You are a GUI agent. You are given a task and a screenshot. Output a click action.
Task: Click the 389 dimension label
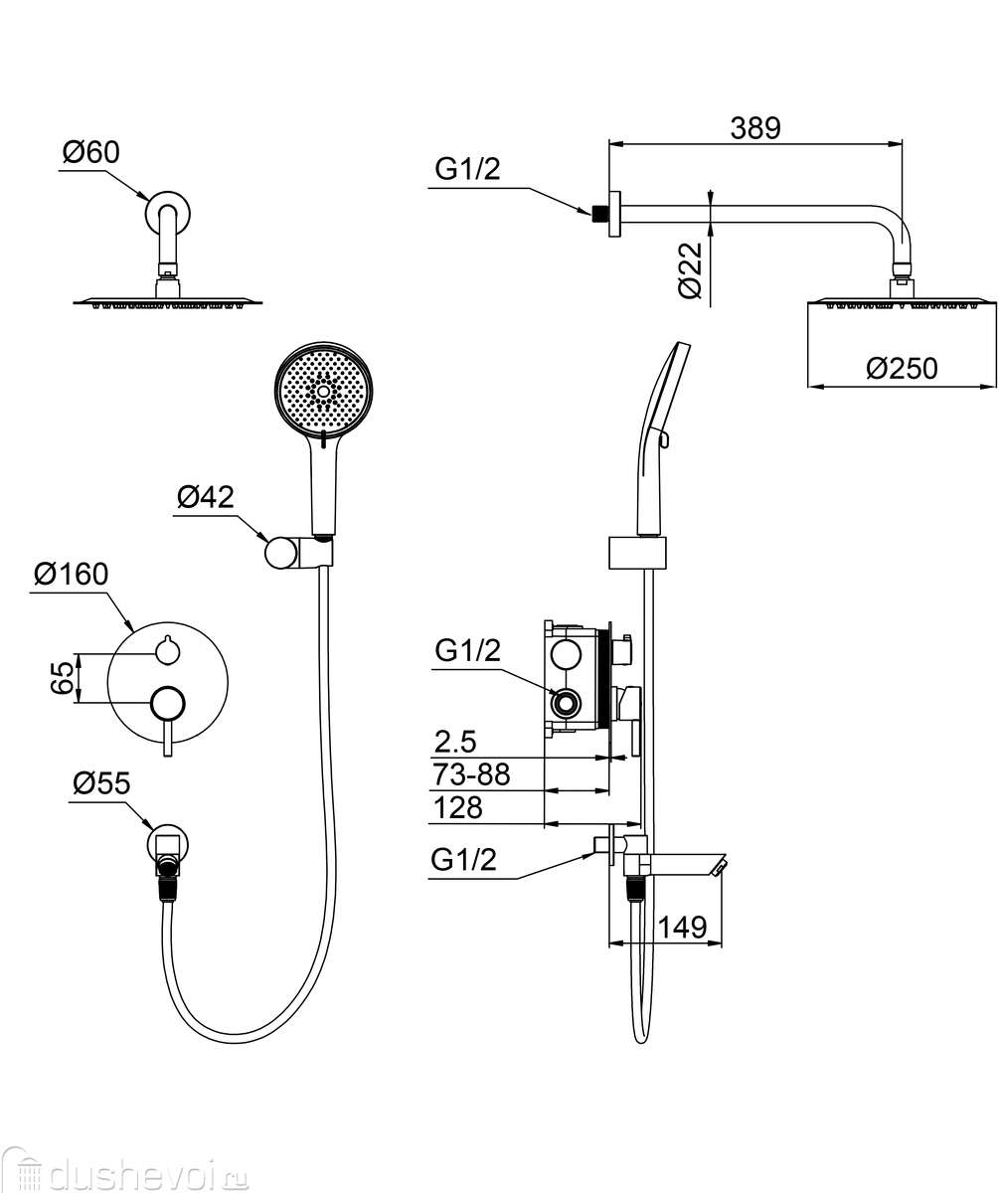[x=754, y=128]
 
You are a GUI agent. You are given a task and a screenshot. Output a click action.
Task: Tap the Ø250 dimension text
[x=902, y=368]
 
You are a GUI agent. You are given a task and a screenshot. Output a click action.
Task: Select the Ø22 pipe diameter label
[x=691, y=270]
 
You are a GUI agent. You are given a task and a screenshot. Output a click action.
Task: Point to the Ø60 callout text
[x=91, y=152]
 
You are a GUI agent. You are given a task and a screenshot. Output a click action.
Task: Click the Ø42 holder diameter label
[x=205, y=497]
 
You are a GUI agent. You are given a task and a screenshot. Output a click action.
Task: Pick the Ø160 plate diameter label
[x=71, y=574]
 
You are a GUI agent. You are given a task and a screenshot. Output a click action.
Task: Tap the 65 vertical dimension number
[x=63, y=678]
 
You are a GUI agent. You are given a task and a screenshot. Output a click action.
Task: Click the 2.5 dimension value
[x=454, y=743]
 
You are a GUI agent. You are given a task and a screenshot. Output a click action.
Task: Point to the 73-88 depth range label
[x=471, y=774]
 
